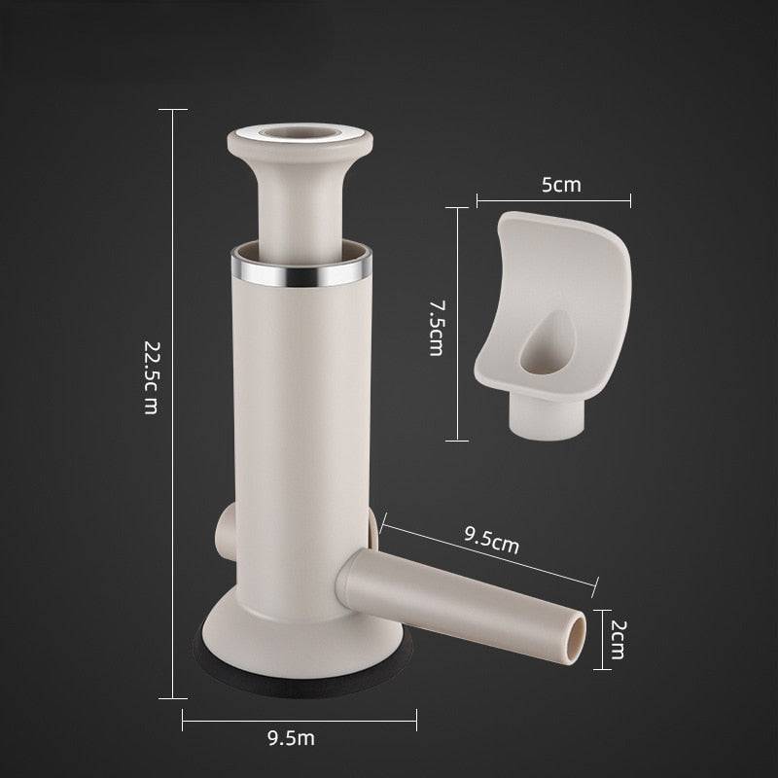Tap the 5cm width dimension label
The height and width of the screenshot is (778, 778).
[x=560, y=185]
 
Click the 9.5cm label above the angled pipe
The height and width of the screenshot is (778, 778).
[x=492, y=540]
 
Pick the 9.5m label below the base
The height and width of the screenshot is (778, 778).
[x=291, y=739]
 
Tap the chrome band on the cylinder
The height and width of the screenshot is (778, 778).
[x=301, y=271]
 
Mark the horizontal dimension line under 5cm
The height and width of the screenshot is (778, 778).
[x=553, y=201]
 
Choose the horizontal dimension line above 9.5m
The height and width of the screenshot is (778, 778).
[x=301, y=721]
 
